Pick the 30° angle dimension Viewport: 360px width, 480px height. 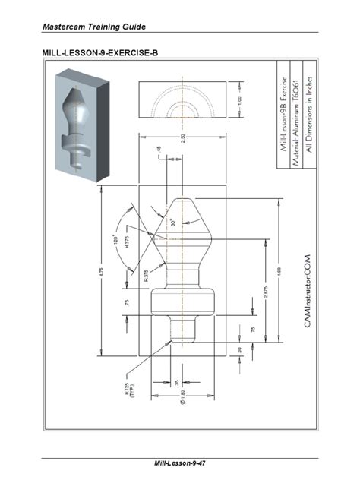(173, 223)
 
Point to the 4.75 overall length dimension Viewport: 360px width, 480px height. (101, 272)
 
